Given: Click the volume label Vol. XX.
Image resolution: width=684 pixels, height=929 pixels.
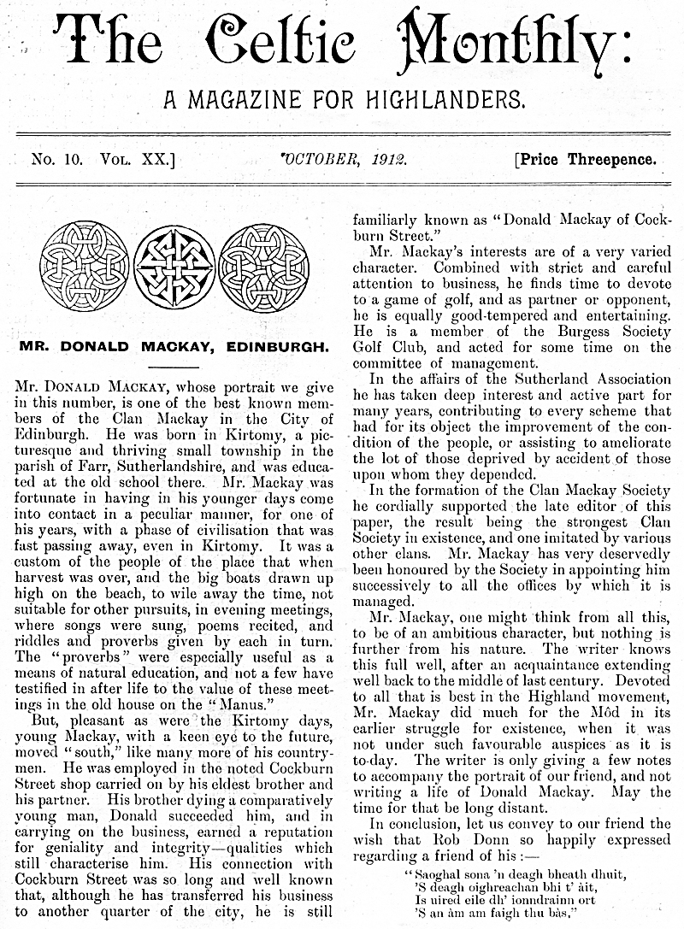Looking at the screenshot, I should pos(137,160).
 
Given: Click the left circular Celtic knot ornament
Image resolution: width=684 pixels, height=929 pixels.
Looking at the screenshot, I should pos(84,266).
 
